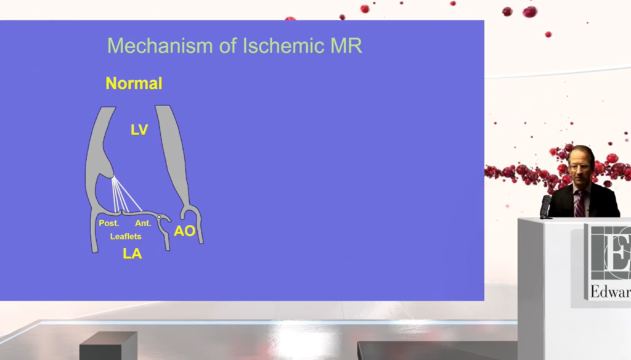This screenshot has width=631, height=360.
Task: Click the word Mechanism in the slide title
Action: (x=160, y=46)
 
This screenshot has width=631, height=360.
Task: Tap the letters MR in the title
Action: (x=346, y=46)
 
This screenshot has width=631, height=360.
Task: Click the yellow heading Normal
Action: (x=134, y=83)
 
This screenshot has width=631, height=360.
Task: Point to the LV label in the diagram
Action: (x=139, y=129)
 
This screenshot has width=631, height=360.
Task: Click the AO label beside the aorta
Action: (x=184, y=231)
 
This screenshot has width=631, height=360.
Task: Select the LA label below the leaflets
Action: (x=132, y=253)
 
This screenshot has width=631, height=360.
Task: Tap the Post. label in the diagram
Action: (x=108, y=223)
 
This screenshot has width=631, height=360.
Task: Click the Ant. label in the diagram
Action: (x=143, y=223)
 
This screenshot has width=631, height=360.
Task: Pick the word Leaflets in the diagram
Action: (x=126, y=236)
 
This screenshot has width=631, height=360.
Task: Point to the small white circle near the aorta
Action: (x=160, y=218)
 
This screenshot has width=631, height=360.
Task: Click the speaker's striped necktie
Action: (x=579, y=203)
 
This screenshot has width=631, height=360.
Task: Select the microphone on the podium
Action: (x=545, y=206)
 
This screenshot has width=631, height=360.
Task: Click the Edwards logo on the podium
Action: (x=608, y=264)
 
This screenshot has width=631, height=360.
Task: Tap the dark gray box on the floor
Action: (x=108, y=345)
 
